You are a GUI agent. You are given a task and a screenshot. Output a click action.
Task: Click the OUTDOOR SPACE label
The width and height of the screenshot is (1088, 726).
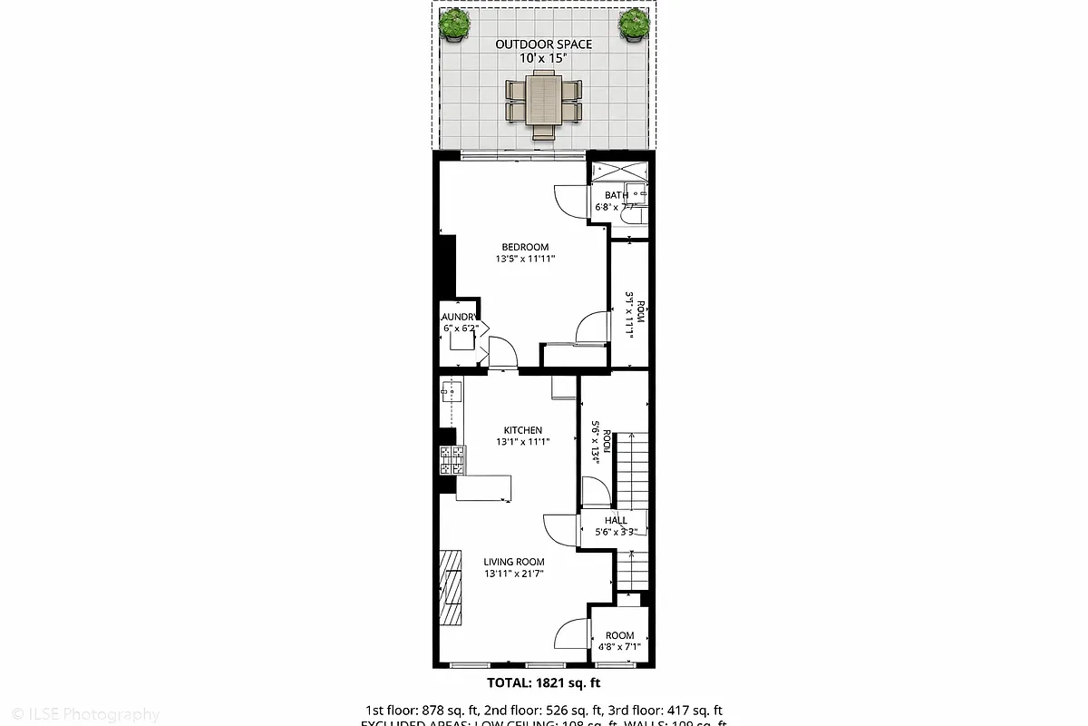point(543,44)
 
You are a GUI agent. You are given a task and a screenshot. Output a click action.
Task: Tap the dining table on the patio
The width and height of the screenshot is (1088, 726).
point(544,100)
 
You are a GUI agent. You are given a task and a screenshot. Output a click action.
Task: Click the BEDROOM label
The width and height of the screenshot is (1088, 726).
point(525,247)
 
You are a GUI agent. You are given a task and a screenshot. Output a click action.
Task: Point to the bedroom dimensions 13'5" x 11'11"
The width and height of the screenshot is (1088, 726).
point(525,260)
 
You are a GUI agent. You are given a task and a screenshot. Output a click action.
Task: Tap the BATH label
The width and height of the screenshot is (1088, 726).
point(617,195)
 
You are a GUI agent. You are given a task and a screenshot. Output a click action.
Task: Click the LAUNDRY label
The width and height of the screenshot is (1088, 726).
point(458,317)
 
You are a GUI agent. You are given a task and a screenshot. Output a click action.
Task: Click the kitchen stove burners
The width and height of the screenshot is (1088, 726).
point(452,460)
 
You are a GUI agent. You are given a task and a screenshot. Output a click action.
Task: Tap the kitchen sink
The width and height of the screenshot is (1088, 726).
point(451,391)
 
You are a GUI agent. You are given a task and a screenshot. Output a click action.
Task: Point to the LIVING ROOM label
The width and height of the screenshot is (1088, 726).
point(513,562)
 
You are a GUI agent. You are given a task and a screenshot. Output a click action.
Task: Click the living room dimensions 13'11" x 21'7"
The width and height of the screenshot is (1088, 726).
point(513,574)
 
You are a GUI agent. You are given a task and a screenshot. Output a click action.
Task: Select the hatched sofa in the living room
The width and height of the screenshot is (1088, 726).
point(452,588)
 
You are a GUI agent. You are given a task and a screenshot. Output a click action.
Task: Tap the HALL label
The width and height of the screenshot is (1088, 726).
point(617,520)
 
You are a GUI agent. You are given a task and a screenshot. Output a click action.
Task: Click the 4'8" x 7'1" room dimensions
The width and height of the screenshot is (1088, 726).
point(620,648)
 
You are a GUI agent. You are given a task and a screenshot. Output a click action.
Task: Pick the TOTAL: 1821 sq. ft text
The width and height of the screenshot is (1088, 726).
point(544,682)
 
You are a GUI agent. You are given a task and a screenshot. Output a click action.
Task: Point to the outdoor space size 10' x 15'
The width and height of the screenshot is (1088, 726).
point(543,58)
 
